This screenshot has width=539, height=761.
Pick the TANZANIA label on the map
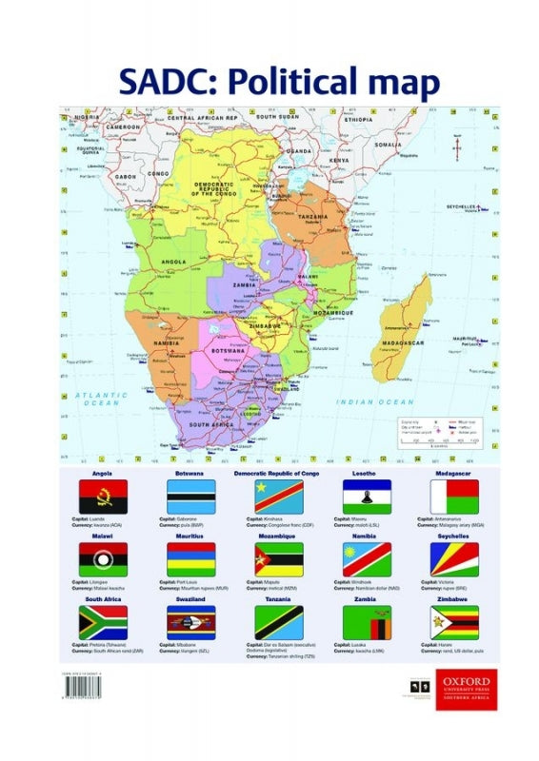pos(311,216)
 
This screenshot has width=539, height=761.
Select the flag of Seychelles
pos(454,559)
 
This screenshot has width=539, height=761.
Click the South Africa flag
pos(103,622)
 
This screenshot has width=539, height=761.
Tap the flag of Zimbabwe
pos(454,622)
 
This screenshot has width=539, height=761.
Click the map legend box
pos(445,432)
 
